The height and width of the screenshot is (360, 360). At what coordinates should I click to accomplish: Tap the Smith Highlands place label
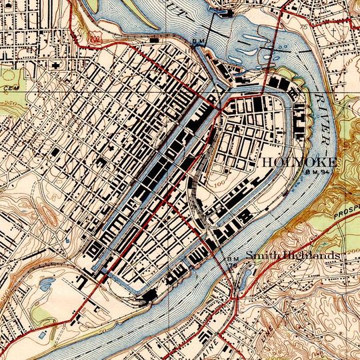pos(293,256)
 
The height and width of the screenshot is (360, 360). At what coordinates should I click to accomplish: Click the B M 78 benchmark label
pos(233,262)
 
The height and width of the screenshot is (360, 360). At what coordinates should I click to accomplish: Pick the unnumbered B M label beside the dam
pos(197,41)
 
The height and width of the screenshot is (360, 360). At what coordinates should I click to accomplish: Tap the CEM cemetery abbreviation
pos(9,87)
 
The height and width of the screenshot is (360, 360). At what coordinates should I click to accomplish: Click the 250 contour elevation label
pos(9,105)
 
